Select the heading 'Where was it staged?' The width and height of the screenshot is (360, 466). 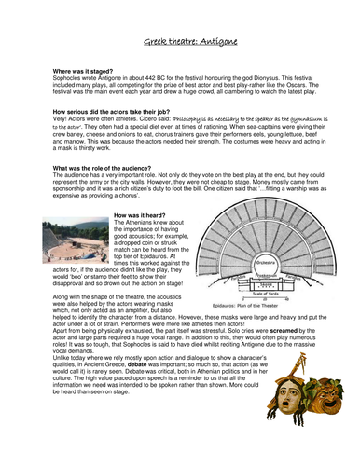(x=72, y=70)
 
